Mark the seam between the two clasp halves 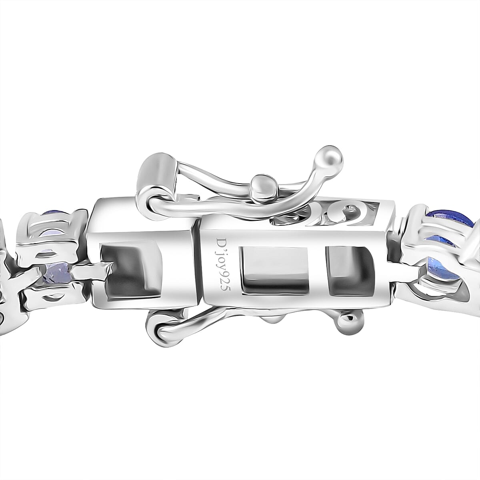198,272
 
